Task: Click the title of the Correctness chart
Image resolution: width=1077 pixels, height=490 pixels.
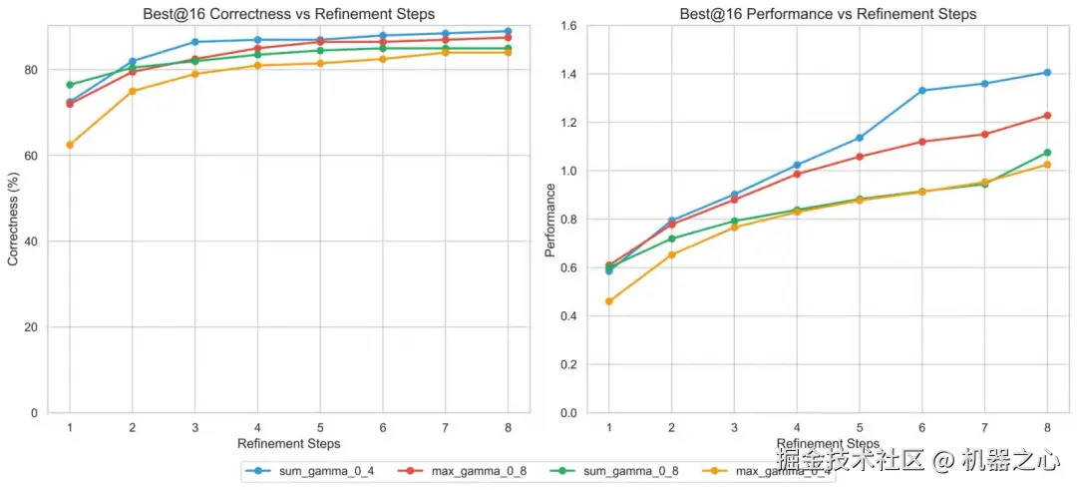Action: [288, 14]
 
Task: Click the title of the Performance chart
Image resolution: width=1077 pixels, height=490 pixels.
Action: [828, 14]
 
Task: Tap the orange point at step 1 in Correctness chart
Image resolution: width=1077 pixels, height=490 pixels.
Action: [70, 145]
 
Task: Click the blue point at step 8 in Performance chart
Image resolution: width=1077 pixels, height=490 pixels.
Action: [1047, 72]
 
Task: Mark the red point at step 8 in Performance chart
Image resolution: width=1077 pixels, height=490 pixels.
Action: [1047, 115]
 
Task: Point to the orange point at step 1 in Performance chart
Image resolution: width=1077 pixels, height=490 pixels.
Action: [609, 301]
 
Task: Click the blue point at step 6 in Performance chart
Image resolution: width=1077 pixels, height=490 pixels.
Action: [921, 91]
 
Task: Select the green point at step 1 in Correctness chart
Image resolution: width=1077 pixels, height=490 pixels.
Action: [70, 85]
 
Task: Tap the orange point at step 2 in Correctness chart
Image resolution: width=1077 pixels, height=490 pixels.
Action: [133, 91]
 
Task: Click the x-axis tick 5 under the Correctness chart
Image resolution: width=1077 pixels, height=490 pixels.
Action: [320, 425]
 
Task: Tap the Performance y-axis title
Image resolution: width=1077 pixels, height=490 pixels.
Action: [549, 220]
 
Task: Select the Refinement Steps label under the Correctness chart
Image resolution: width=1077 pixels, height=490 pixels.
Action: [288, 443]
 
